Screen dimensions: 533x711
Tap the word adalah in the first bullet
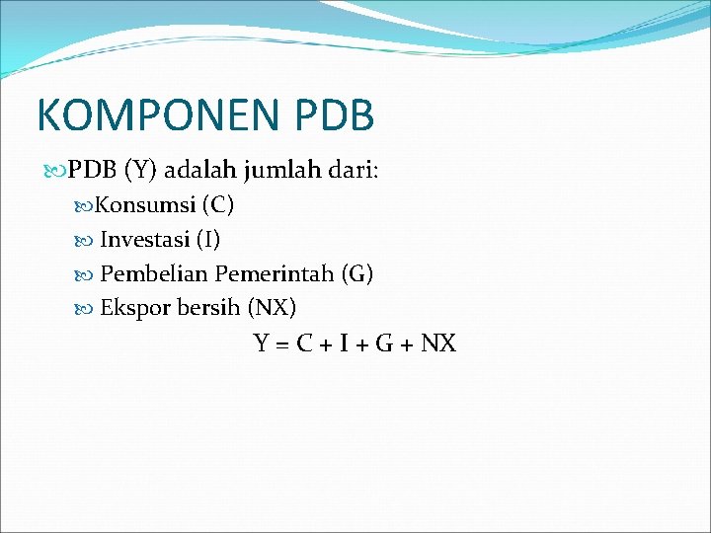(x=194, y=171)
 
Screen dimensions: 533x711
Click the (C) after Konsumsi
(x=217, y=206)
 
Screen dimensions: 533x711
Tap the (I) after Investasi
(x=207, y=240)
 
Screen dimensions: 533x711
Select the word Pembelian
(x=154, y=273)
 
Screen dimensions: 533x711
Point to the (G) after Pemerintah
(x=356, y=273)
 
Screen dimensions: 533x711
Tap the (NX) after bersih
(x=273, y=307)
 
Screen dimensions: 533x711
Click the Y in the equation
(x=262, y=343)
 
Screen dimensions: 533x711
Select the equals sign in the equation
(x=282, y=344)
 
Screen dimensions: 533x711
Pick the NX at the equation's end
(x=438, y=343)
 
